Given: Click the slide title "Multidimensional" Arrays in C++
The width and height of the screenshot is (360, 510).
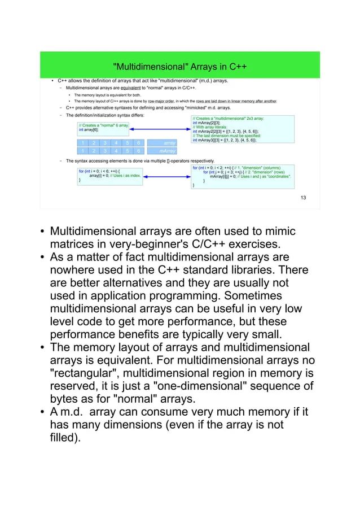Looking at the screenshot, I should [179, 67].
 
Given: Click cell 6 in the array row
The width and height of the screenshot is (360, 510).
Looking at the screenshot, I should [138, 143].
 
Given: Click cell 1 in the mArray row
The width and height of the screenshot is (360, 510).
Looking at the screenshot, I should [82, 151].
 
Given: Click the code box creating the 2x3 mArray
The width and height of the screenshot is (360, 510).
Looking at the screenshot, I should [243, 130].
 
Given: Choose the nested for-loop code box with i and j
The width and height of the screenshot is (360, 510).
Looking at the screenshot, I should [243, 176].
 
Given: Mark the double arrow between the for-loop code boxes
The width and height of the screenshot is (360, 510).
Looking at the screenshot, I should [166, 175].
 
